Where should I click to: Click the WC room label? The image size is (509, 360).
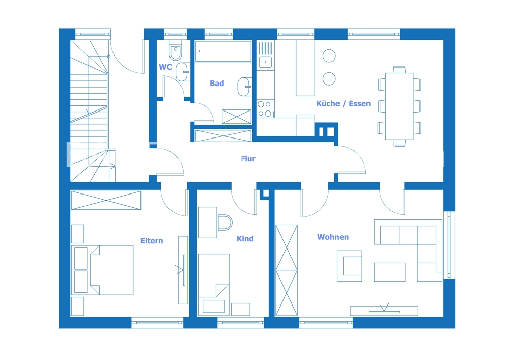[165, 67]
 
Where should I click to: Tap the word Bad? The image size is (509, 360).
[217, 84]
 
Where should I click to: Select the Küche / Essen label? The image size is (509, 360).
[344, 103]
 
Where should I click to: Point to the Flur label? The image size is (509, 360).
[248, 159]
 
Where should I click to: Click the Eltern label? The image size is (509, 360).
[152, 241]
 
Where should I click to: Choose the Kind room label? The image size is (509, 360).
[245, 239]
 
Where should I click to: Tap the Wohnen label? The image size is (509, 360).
[333, 237]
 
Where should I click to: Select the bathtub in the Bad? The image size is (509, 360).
[223, 51]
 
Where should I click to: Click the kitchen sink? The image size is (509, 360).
[265, 62]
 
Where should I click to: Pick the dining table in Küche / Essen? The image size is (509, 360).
[399, 106]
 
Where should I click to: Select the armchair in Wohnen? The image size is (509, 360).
[350, 266]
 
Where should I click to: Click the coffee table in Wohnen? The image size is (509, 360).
[389, 272]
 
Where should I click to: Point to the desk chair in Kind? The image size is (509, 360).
[225, 223]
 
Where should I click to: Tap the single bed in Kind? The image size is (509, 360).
[214, 284]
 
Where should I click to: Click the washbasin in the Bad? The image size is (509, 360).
[245, 87]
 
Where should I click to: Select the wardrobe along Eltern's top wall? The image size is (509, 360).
[106, 200]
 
